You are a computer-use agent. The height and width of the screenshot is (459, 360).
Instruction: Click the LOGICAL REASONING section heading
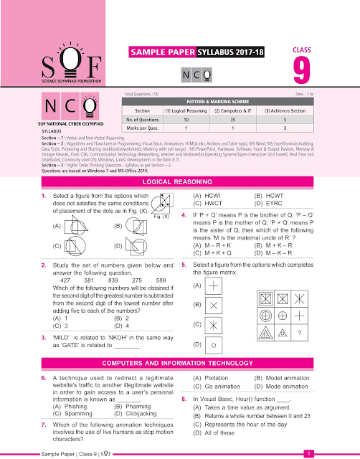click(180, 184)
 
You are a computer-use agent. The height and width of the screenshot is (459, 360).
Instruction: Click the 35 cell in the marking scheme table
click(224, 120)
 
